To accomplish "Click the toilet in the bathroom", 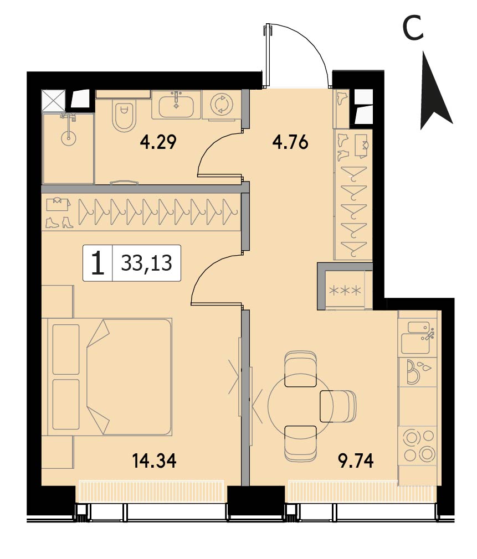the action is (x=124, y=113).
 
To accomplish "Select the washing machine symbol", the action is (x=222, y=105).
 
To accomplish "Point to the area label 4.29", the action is (x=158, y=142).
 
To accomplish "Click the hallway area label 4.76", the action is (x=290, y=142).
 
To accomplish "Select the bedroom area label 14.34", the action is (x=154, y=460).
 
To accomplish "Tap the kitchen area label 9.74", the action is (x=356, y=460).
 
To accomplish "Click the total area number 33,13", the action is (x=146, y=263).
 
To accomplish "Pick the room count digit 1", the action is (x=98, y=263).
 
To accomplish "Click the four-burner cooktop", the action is (x=419, y=445).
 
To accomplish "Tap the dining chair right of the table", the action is (x=338, y=406).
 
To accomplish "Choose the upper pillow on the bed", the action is (x=66, y=349).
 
